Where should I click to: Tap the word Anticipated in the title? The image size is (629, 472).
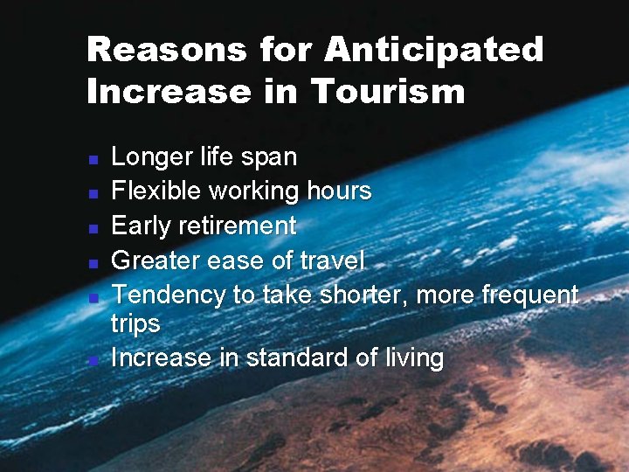click(434, 50)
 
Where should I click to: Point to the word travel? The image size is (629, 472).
click(332, 260)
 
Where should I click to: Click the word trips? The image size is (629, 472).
click(135, 324)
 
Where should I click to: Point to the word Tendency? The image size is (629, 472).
click(169, 295)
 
